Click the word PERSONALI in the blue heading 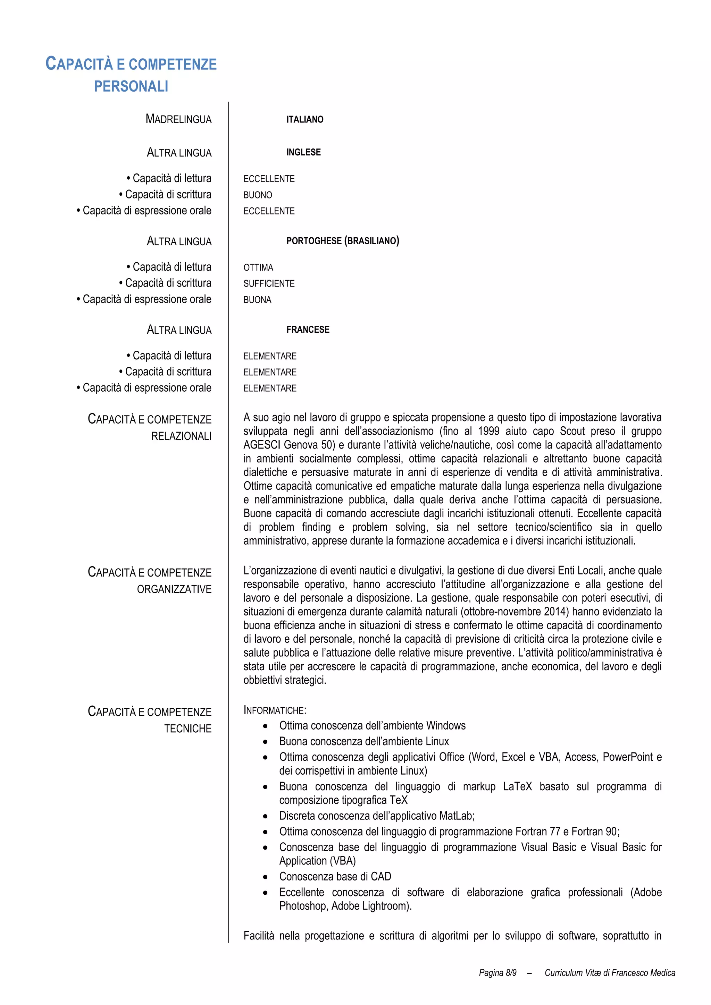[x=131, y=86]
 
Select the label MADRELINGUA [x=178, y=119]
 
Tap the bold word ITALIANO [x=304, y=119]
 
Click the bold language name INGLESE [x=303, y=152]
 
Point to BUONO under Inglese [x=258, y=195]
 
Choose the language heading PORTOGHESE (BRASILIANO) [x=343, y=241]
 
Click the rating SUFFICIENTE [x=269, y=284]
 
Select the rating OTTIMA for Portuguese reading [x=258, y=267]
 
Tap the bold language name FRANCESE [x=308, y=330]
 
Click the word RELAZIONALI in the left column [x=181, y=436]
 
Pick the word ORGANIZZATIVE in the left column [x=174, y=589]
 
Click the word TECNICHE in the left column [x=187, y=729]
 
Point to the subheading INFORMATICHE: [x=275, y=710]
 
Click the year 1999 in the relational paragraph [x=488, y=431]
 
